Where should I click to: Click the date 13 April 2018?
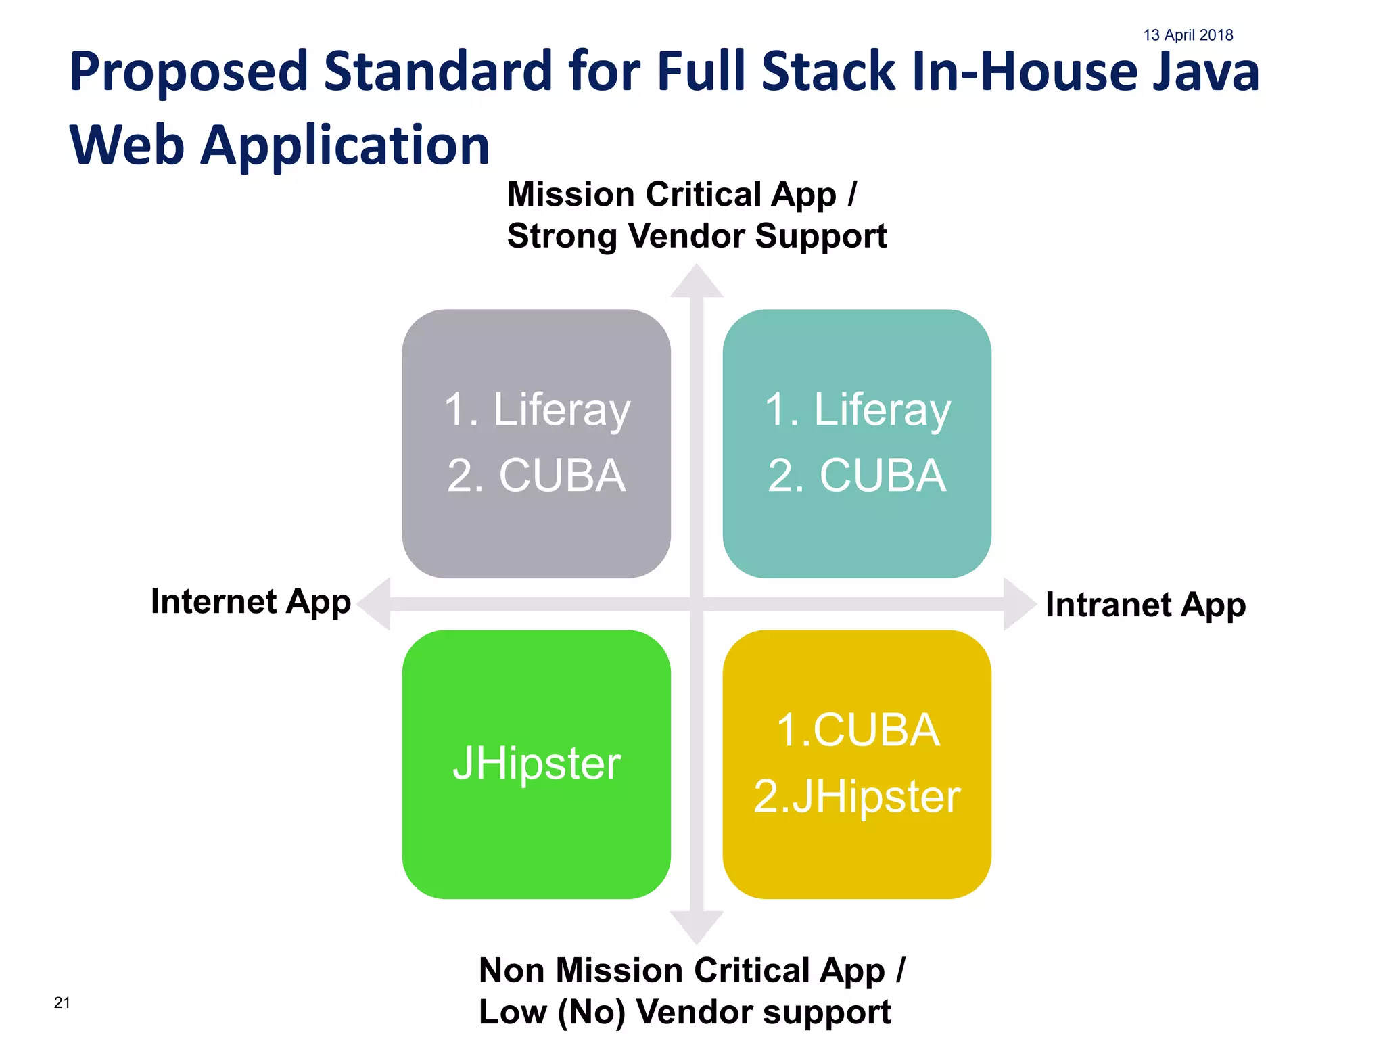click(1188, 35)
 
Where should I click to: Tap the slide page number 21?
click(62, 1002)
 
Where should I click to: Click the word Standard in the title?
click(438, 72)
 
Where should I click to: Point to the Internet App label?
click(250, 601)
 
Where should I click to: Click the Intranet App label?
click(1145, 605)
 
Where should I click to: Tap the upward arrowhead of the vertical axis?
click(697, 281)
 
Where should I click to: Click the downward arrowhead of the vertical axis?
click(697, 926)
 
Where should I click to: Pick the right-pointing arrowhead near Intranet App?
click(1018, 604)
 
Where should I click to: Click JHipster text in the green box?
click(536, 764)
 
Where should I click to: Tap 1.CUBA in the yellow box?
click(858, 731)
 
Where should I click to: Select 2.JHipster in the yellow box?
click(857, 796)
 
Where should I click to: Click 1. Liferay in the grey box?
click(537, 410)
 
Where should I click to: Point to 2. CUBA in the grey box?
click(536, 475)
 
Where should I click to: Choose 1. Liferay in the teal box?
click(858, 410)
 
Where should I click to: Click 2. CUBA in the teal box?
click(857, 475)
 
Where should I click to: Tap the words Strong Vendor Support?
click(697, 236)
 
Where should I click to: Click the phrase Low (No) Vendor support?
click(684, 1012)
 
